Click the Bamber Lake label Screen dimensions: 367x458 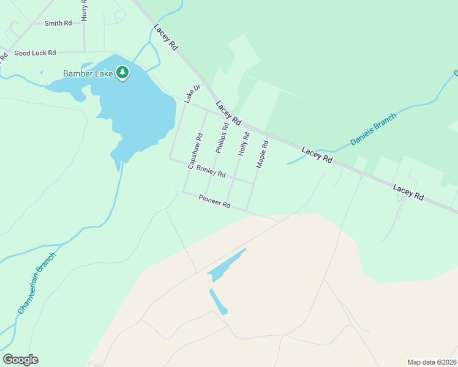(x=88, y=73)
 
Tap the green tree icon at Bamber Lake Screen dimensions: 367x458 (x=123, y=73)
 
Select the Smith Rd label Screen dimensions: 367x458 (x=58, y=23)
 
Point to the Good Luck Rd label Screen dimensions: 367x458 (x=35, y=53)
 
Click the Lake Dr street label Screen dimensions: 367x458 (x=193, y=94)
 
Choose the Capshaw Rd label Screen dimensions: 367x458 (x=195, y=151)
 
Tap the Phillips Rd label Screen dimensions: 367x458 (x=221, y=138)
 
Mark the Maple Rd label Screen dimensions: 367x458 (x=262, y=155)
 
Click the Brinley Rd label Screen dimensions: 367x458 (x=211, y=172)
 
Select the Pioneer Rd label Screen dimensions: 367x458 (x=214, y=201)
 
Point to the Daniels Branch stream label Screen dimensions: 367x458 (x=373, y=129)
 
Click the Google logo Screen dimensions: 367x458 (x=20, y=360)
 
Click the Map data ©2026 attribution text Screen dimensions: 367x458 (x=432, y=362)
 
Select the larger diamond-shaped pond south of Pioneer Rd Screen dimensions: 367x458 (x=225, y=265)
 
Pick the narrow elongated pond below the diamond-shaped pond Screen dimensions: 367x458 (x=217, y=301)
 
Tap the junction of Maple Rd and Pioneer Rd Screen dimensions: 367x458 (x=247, y=211)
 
